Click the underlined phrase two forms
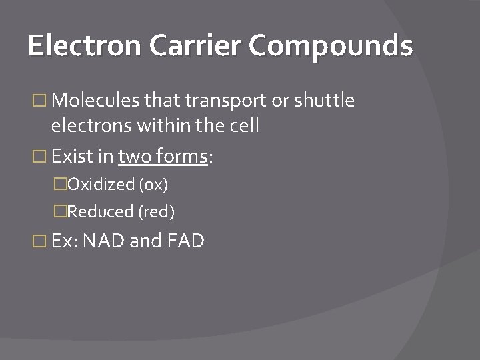(x=163, y=157)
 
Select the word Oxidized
(x=101, y=184)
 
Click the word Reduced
(x=101, y=212)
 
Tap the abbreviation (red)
(x=156, y=212)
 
